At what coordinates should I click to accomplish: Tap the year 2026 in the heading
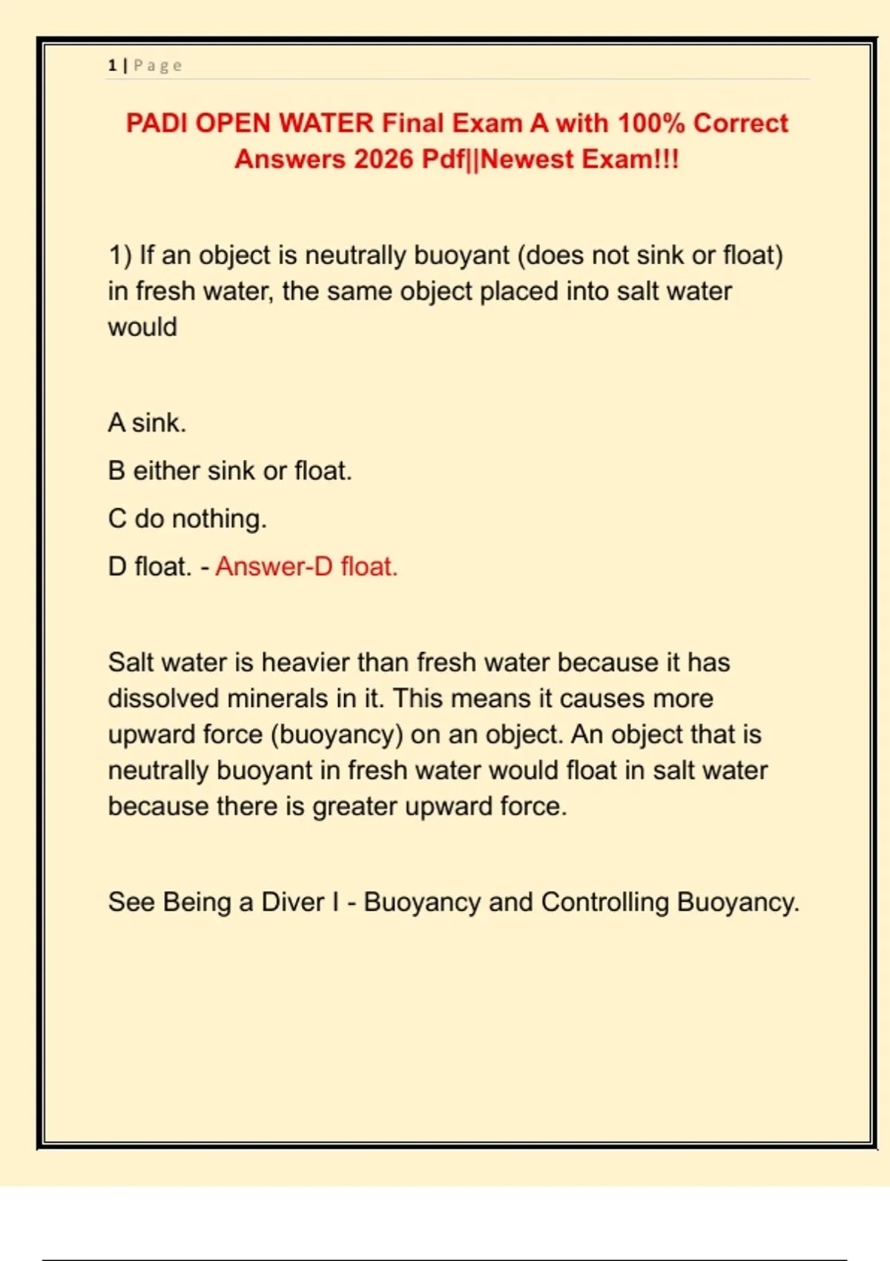point(383,159)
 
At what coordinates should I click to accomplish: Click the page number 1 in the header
point(112,66)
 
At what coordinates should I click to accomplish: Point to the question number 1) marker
point(120,256)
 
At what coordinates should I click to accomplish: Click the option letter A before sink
point(116,423)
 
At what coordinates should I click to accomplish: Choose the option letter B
point(116,471)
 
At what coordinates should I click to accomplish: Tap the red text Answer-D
point(274,567)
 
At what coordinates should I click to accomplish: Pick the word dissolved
point(163,699)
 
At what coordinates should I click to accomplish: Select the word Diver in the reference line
point(293,902)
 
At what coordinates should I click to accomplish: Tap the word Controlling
point(604,902)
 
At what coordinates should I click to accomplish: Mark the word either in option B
point(165,471)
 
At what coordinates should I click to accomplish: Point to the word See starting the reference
point(131,902)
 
